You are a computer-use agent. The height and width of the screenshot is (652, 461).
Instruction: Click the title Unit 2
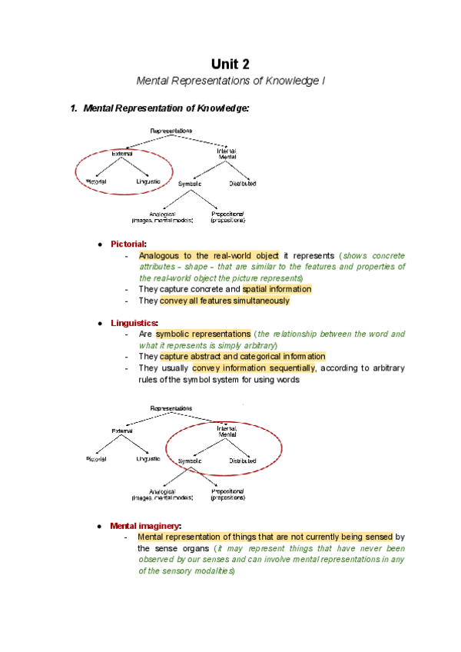[x=230, y=64]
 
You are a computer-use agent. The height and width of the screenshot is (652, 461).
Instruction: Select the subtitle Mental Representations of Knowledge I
[x=230, y=81]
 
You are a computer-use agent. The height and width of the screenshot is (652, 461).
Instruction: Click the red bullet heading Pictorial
[x=128, y=244]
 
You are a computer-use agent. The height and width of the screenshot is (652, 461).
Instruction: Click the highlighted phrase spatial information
[x=277, y=289]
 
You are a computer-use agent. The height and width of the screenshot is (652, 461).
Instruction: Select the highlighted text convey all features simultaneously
[x=224, y=301]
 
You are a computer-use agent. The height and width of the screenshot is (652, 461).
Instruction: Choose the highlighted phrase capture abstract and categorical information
[x=243, y=357]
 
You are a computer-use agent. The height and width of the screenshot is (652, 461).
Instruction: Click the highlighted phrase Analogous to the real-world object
[x=208, y=255]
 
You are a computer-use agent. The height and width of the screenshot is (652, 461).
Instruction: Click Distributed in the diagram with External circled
[x=242, y=184]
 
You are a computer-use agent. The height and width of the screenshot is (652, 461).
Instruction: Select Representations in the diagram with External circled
[x=171, y=131]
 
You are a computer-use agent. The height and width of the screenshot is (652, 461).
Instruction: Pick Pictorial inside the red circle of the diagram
[x=97, y=181]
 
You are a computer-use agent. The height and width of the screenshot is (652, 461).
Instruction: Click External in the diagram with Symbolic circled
[x=121, y=430]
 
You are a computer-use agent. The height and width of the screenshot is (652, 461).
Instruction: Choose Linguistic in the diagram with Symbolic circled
[x=148, y=459]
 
